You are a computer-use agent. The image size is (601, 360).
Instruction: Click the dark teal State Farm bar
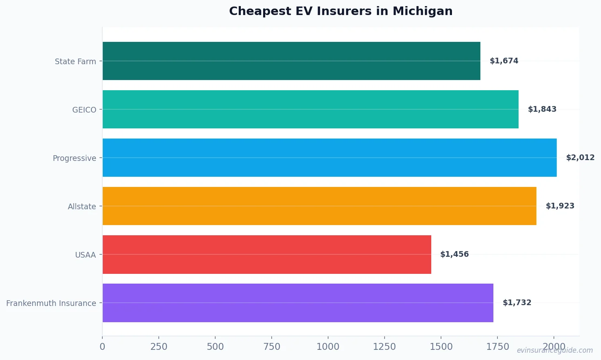coord(291,61)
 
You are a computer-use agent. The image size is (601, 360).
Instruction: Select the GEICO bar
coord(310,109)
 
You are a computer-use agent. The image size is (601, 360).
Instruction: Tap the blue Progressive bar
coord(329,158)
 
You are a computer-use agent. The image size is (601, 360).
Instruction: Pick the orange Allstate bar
coord(319,206)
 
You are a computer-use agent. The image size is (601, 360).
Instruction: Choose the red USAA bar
coord(267,254)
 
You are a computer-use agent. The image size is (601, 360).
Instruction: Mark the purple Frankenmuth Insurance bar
coord(298,303)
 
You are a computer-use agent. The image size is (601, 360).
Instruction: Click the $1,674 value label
coord(504,61)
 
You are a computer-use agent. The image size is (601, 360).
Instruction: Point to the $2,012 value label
coord(580,158)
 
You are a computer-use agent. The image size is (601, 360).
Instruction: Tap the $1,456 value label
coord(454,254)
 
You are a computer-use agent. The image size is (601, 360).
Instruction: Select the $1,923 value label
coord(560,206)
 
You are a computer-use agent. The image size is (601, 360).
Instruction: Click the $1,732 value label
coord(517,303)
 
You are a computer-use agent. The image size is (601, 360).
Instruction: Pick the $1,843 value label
coord(542,109)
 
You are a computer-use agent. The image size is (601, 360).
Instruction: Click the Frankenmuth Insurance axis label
coord(51,304)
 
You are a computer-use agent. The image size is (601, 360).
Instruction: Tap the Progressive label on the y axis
coord(74,158)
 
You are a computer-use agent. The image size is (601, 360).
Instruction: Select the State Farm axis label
coord(76,62)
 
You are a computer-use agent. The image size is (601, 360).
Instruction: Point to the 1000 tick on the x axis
coord(328,347)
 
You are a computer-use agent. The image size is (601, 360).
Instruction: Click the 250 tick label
coord(159,347)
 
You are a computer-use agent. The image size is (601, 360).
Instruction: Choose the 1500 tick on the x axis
coord(441,347)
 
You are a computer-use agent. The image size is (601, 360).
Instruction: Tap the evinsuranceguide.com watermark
coord(555,350)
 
